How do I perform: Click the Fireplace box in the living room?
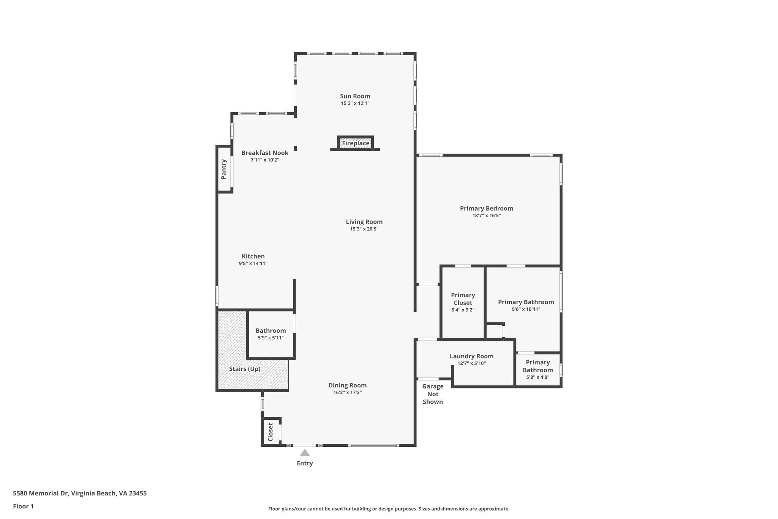tap(355, 143)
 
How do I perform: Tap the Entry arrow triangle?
tap(305, 452)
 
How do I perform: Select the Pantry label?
tap(224, 169)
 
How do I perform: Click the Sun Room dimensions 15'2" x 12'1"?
tap(355, 103)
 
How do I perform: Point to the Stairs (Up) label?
tap(245, 369)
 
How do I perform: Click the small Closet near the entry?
tap(270, 432)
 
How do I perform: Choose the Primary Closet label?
tap(463, 299)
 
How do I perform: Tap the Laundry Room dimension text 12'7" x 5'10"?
tap(471, 363)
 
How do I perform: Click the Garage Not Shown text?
tap(433, 394)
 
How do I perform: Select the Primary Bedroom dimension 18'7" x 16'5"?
tap(486, 216)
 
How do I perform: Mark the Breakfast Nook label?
tap(265, 153)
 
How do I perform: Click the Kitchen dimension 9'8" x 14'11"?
tap(253, 263)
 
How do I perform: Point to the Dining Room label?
tap(347, 385)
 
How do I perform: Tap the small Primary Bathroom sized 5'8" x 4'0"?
tap(538, 370)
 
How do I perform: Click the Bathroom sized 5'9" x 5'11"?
tap(270, 334)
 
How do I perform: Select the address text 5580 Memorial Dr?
tap(79, 494)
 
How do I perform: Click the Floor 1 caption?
tap(23, 506)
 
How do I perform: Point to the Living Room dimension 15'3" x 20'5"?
tap(364, 229)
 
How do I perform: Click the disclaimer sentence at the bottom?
tap(389, 509)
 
